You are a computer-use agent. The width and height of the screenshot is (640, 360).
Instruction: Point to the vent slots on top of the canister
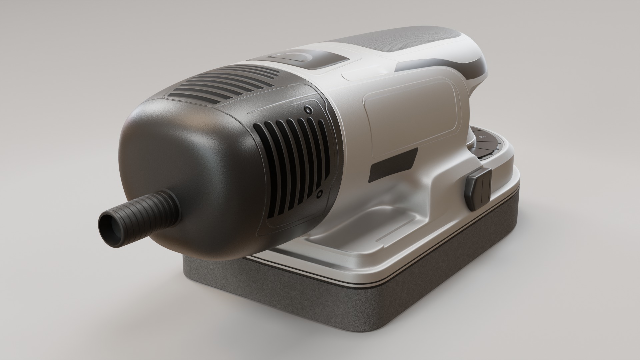coord(227,83)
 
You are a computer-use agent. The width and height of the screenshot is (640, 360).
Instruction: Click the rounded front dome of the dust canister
coord(187,160)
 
